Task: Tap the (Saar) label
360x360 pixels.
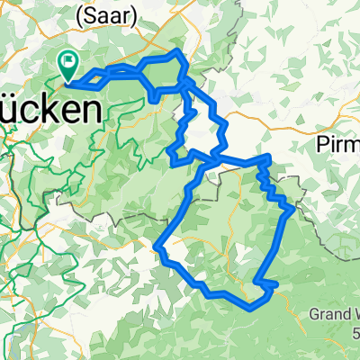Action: [113, 15]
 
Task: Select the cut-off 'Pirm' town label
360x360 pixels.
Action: [339, 145]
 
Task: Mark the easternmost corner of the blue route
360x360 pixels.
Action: [290, 211]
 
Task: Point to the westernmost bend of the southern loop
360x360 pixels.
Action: [158, 246]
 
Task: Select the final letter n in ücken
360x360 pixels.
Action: [90, 111]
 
